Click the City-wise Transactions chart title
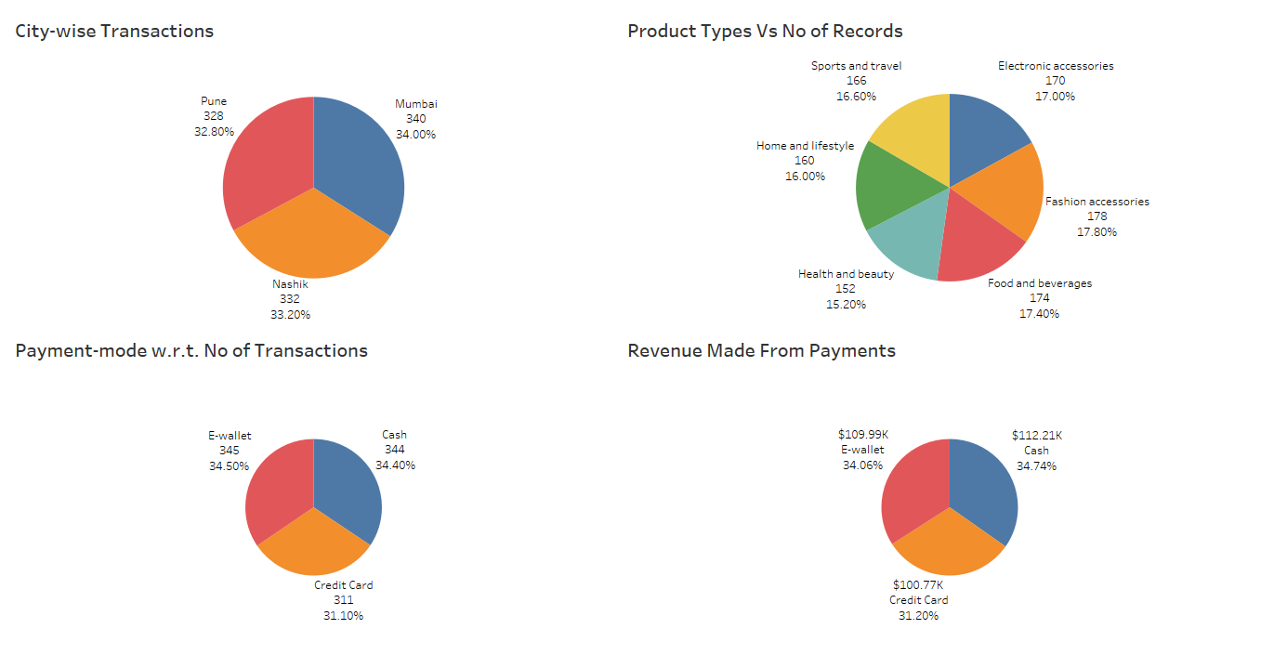(114, 32)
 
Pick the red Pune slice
(265, 158)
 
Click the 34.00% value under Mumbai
(415, 134)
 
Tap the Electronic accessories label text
(1056, 66)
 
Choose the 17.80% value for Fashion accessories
(1097, 232)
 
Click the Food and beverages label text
(1039, 283)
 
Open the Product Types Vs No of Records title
(765, 32)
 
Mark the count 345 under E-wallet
(230, 451)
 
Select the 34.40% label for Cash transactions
(395, 465)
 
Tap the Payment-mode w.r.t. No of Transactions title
(191, 351)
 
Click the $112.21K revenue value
(1036, 435)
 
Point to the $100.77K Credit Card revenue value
(918, 585)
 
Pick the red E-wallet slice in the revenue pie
(911, 492)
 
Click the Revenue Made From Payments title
(761, 351)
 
